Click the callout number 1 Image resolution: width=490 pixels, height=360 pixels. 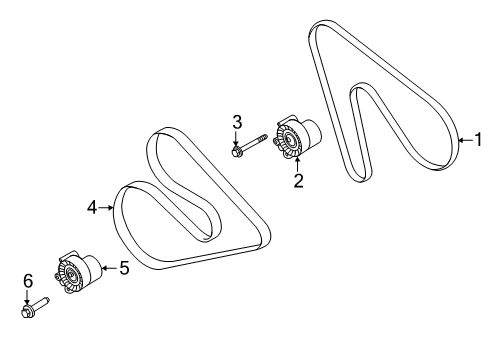[x=477, y=141]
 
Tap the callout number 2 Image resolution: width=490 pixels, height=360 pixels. [x=297, y=180]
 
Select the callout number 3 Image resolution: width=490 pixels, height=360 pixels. [x=237, y=122]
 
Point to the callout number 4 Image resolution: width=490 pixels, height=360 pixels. [x=92, y=208]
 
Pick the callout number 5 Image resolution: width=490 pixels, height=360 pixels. [x=124, y=267]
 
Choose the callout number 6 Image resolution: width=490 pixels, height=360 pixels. [x=28, y=281]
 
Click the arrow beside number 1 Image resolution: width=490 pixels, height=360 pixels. [x=464, y=141]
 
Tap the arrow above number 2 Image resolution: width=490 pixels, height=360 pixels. [x=297, y=165]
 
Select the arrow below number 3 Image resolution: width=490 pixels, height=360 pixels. [x=237, y=139]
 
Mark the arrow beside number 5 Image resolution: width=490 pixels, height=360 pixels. [x=108, y=267]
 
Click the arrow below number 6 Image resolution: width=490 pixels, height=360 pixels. [x=28, y=297]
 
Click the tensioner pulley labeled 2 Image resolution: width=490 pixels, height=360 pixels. [x=292, y=138]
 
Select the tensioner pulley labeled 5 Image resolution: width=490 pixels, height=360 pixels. [x=76, y=271]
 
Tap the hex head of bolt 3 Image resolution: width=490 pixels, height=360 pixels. [x=237, y=152]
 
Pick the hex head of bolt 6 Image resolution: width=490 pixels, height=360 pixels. [x=27, y=312]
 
